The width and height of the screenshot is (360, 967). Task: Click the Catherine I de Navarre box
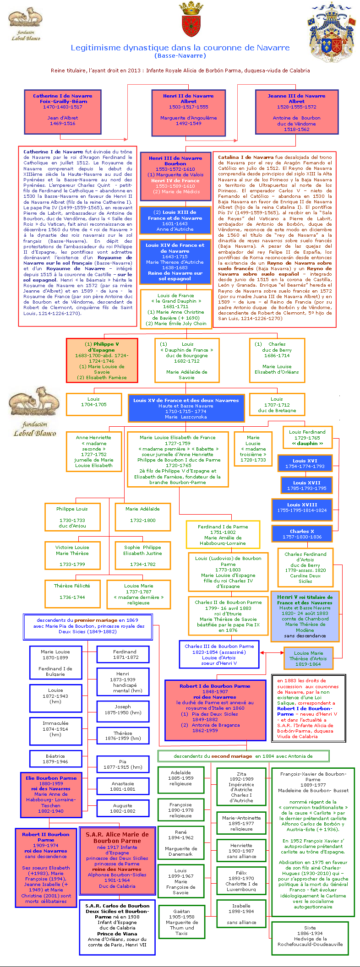point(63,111)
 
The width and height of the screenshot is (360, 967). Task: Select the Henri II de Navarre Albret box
point(188,111)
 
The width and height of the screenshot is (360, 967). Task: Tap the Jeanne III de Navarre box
point(296,111)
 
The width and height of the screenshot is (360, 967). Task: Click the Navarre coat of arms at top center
point(191,20)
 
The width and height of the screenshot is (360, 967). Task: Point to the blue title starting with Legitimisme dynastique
point(180,48)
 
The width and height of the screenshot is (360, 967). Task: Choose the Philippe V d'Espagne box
point(102,360)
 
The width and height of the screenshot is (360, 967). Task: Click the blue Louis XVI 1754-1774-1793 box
point(305,463)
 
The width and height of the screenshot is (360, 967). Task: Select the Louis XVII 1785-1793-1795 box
point(306,485)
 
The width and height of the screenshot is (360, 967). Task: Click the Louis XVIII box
point(302,507)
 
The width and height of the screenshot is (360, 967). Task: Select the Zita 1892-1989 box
point(241,787)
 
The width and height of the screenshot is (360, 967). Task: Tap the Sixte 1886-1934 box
point(310,937)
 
